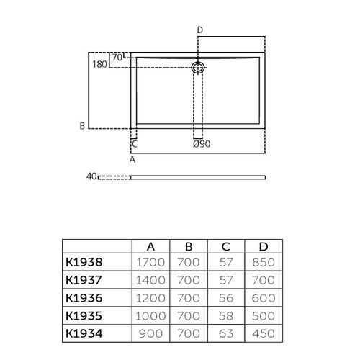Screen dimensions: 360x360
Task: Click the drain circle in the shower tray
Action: [199, 67]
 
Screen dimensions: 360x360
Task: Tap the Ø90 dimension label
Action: [202, 144]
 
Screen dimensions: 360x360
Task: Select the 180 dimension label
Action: [99, 64]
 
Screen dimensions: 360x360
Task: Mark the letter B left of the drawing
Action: [82, 126]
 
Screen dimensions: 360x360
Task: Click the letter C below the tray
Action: [135, 144]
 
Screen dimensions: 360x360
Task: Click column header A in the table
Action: [151, 246]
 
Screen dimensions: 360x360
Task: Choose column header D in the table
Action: [264, 246]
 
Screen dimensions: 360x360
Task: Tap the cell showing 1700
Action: [151, 263]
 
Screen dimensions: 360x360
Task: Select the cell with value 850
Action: [264, 263]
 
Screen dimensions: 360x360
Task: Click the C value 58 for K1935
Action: [226, 315]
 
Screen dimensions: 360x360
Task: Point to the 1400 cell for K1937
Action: [151, 280]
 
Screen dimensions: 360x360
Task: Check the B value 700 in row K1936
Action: [189, 297]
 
